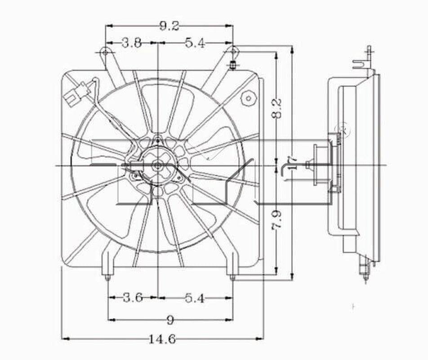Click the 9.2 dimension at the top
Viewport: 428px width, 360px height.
[x=169, y=27]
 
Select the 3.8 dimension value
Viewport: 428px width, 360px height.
[x=132, y=43]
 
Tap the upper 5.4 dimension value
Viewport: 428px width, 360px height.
[x=195, y=43]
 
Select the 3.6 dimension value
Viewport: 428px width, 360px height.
[x=133, y=297]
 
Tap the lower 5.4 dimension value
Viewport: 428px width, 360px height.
[x=195, y=297]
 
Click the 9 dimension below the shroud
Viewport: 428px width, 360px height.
[x=170, y=320]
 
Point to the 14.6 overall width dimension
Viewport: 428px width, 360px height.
[x=162, y=339]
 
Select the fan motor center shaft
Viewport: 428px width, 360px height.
[x=158, y=166]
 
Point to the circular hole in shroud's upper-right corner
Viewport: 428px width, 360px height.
[x=247, y=98]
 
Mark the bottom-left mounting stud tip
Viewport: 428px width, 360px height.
[x=108, y=278]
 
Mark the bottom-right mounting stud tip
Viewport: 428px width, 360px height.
[x=232, y=278]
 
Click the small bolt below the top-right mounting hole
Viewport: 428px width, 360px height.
[x=233, y=65]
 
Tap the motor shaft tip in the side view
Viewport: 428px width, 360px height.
[x=308, y=165]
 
